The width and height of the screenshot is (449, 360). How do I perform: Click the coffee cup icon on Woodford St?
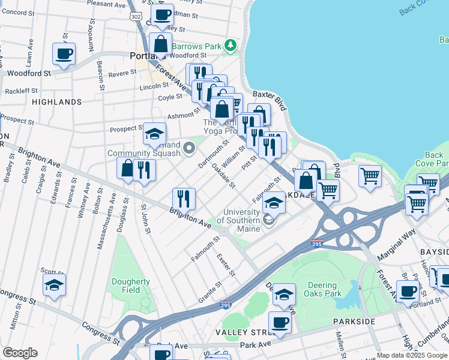[x=64, y=54]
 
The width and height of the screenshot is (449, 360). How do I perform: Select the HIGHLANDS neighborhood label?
[x=56, y=102]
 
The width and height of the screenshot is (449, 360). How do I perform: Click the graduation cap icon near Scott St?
[x=54, y=286]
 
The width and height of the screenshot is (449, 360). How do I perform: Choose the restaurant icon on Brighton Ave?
[x=184, y=199]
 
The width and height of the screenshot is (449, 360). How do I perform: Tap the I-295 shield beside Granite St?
[x=226, y=305]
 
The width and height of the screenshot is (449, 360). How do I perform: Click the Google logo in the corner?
[x=20, y=353]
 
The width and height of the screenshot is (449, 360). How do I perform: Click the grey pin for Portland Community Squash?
[x=190, y=147]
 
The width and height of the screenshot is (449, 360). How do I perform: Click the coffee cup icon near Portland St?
[x=408, y=292]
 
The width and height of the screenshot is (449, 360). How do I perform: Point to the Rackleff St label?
[x=21, y=91]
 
